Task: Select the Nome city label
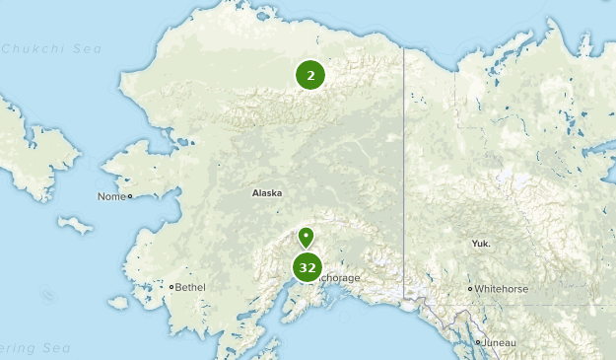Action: pyautogui.click(x=110, y=196)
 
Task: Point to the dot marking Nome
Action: pyautogui.click(x=130, y=196)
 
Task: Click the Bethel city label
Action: pyautogui.click(x=191, y=287)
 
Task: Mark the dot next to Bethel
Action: pyautogui.click(x=171, y=287)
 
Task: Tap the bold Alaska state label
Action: pyautogui.click(x=267, y=193)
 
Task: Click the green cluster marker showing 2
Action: pyautogui.click(x=310, y=75)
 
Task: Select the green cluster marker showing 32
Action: pyautogui.click(x=308, y=267)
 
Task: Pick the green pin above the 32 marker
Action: pyautogui.click(x=307, y=237)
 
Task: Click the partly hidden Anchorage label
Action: pyautogui.click(x=341, y=278)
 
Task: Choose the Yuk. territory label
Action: pyautogui.click(x=482, y=243)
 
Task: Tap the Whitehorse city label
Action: pyautogui.click(x=503, y=289)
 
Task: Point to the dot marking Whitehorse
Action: pyautogui.click(x=470, y=289)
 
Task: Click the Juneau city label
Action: pyautogui.click(x=500, y=342)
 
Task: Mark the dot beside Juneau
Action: pyautogui.click(x=478, y=342)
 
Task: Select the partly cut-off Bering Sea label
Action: pyautogui.click(x=30, y=348)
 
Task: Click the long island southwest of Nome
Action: pyautogui.click(x=75, y=226)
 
